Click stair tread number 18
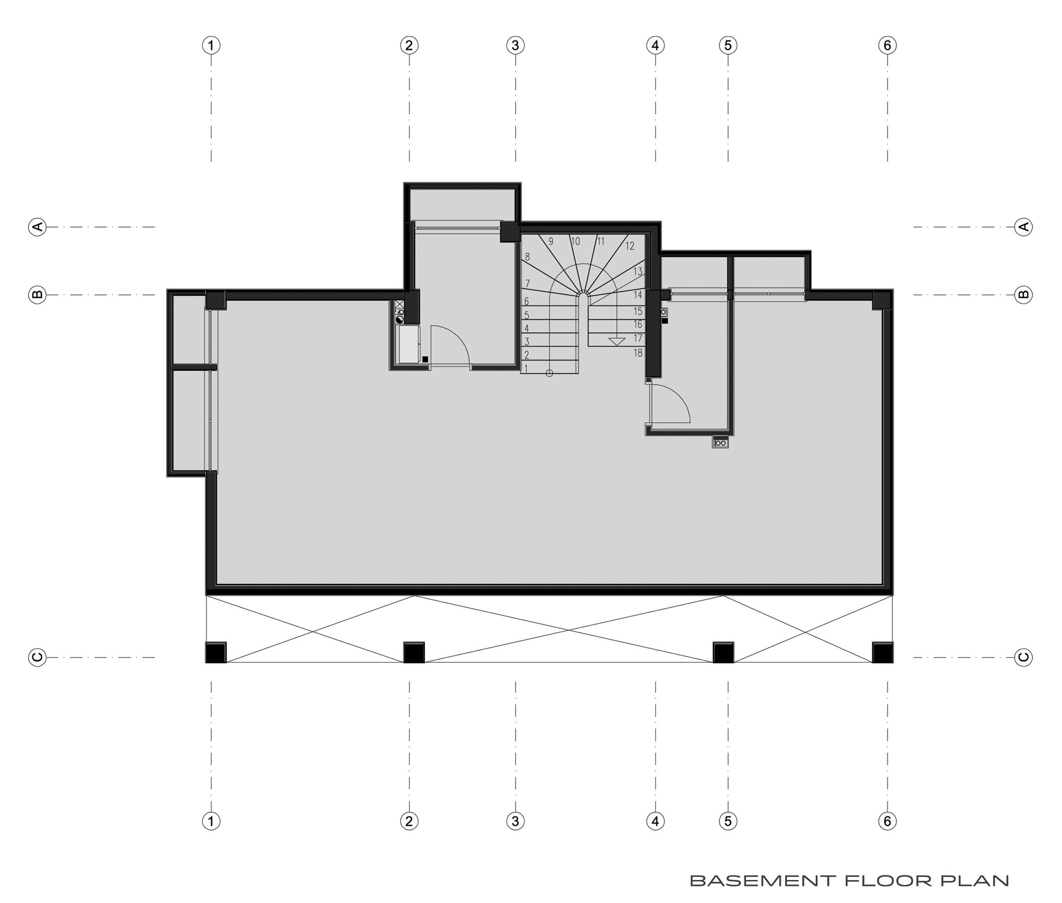(638, 353)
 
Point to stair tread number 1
(526, 368)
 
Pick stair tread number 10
(576, 242)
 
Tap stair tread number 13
(638, 271)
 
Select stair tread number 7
(527, 283)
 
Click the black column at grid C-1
(216, 652)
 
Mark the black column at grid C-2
(414, 652)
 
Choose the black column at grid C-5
(723, 652)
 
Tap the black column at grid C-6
(883, 652)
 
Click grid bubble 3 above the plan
(515, 45)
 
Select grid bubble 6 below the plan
(887, 821)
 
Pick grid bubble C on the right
(1024, 657)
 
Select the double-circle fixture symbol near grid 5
(721, 442)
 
